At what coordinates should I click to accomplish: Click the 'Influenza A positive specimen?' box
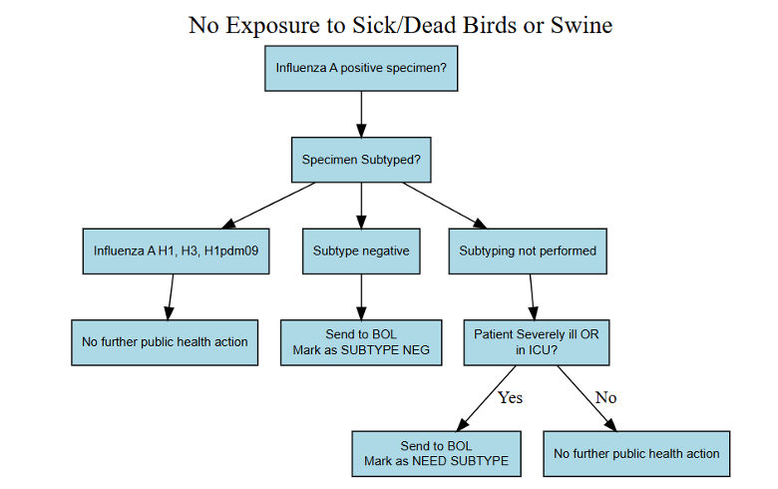[360, 69]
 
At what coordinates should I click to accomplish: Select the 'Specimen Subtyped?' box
[360, 159]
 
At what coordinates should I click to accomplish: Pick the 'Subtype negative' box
[360, 250]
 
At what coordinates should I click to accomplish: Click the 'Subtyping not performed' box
[527, 250]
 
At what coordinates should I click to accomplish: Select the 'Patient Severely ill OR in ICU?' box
[536, 342]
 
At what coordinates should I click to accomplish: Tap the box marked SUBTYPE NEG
[360, 342]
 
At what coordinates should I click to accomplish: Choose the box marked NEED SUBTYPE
[436, 453]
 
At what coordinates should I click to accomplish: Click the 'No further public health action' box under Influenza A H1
[165, 342]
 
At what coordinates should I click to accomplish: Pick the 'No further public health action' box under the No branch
[636, 453]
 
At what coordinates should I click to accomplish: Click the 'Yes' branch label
[510, 397]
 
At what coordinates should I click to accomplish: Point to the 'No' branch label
[605, 397]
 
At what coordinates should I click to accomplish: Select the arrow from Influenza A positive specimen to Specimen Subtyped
[360, 115]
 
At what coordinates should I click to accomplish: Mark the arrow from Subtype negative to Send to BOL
[360, 296]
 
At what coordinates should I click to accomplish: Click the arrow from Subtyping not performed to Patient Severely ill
[532, 296]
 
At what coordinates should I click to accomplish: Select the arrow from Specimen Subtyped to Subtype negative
[360, 206]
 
